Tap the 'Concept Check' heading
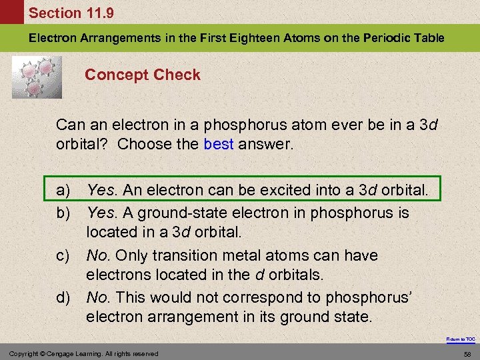pyautogui.click(x=142, y=75)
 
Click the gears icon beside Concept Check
pyautogui.click(x=37, y=76)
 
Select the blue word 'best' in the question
pyautogui.click(x=219, y=143)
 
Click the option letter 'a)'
pyautogui.click(x=63, y=191)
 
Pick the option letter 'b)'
pyautogui.click(x=63, y=213)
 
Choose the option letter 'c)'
pyautogui.click(x=63, y=255)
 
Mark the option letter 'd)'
pyautogui.click(x=63, y=297)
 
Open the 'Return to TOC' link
pyautogui.click(x=461, y=339)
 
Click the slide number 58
pyautogui.click(x=467, y=353)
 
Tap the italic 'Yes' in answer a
pyautogui.click(x=101, y=191)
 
